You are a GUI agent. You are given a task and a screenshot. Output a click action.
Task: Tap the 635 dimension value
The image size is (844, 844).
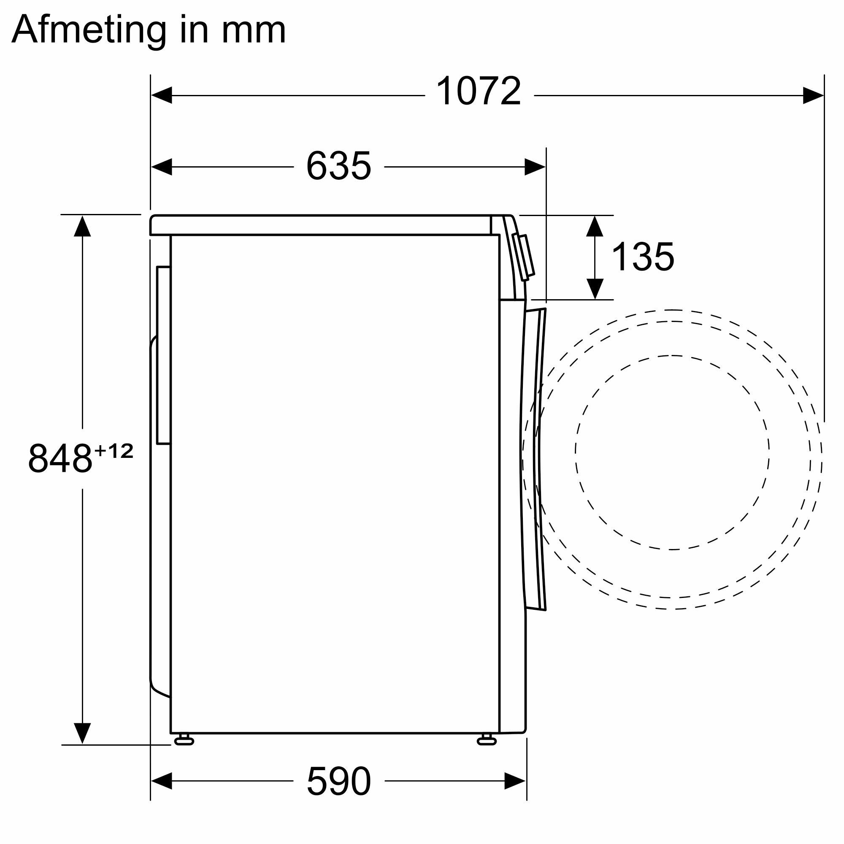[338, 166]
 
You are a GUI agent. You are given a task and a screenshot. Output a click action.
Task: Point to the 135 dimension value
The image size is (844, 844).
[643, 257]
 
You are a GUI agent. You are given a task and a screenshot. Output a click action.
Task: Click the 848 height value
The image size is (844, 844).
[60, 459]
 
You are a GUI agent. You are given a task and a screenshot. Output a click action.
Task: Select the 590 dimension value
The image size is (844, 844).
[338, 781]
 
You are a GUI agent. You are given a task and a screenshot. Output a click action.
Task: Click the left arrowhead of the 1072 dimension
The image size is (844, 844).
[161, 95]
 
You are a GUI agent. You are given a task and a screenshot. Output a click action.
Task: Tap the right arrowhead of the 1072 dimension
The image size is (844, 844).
[814, 95]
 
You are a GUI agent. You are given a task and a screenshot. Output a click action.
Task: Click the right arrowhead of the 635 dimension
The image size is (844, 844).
[535, 167]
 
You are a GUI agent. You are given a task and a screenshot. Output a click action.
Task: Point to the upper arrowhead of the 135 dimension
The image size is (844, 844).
[595, 226]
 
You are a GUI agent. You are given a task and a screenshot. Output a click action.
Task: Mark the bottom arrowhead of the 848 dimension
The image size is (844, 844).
[82, 733]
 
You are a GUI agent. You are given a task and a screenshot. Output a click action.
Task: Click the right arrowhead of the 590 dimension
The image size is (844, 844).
[515, 781]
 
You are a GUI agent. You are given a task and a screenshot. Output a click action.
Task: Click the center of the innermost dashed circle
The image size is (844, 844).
[672, 452]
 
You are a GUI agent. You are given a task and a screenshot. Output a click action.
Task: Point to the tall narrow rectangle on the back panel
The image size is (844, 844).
[163, 355]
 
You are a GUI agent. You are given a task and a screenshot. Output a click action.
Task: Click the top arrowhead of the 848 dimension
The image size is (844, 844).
[82, 226]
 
